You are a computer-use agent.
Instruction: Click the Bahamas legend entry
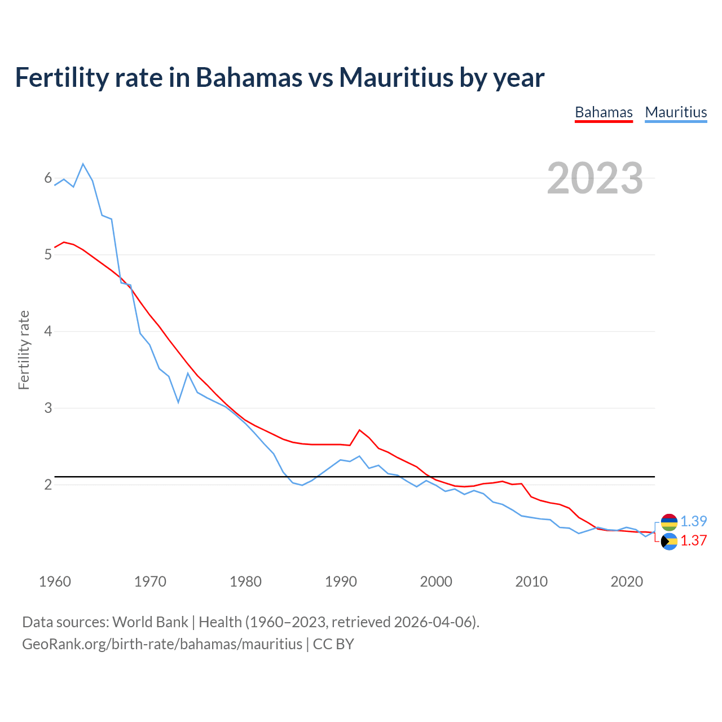tap(604, 112)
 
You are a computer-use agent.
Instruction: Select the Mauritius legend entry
tap(676, 112)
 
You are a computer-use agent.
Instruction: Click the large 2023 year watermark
tap(595, 178)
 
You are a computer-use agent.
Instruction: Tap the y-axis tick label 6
tap(48, 178)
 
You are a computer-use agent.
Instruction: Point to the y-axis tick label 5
tap(48, 254)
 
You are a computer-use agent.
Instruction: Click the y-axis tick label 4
tap(48, 331)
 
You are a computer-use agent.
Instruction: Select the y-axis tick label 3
tap(48, 408)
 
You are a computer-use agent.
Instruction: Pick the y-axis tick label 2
tap(48, 485)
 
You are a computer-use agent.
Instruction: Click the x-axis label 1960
tap(55, 582)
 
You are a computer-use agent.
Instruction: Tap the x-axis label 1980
tap(245, 582)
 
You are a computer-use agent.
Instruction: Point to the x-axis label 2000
tap(436, 582)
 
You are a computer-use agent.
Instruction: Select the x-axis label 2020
tap(627, 582)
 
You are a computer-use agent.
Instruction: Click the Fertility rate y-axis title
tap(24, 350)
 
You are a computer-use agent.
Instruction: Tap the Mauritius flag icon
tap(669, 522)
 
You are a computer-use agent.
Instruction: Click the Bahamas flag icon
tap(669, 541)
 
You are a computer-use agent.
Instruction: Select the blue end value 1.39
tap(693, 521)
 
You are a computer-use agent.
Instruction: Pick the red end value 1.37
tap(693, 540)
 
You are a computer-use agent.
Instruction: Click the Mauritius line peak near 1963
tap(83, 164)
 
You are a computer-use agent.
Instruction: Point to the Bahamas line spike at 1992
tap(359, 430)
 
